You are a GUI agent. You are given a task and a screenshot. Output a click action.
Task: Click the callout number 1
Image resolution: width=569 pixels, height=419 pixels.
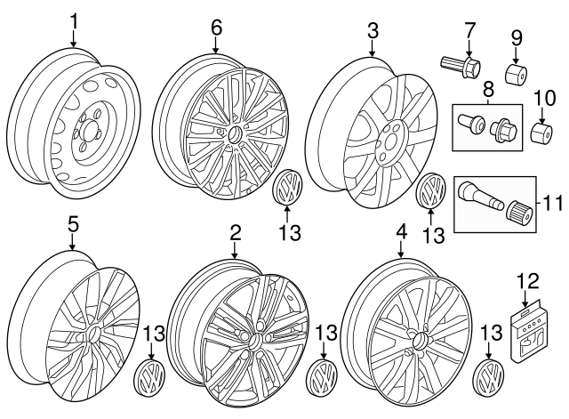pos(75,20)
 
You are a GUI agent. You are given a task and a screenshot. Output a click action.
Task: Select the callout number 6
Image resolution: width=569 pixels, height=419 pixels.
pos(216,27)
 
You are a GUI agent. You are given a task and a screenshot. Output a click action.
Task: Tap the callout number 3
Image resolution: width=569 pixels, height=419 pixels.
pos(373,33)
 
